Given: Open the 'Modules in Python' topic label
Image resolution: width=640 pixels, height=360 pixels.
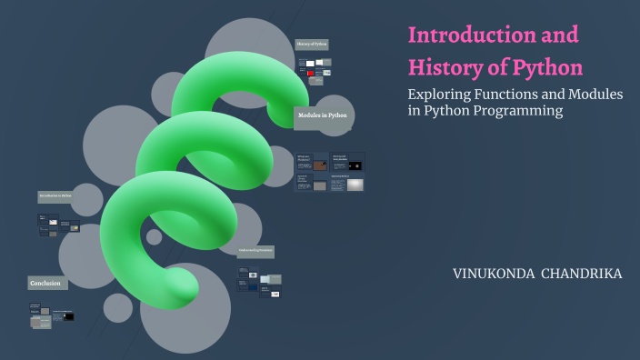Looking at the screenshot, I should tap(323, 115).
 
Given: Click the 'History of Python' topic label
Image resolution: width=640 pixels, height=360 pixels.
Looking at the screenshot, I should tap(312, 44).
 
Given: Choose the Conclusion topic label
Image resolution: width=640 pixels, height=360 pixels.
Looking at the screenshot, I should tap(46, 283).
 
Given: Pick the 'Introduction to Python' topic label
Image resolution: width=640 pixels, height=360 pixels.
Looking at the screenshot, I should tap(55, 196).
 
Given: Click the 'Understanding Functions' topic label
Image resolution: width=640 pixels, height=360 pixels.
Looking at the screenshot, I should tap(255, 251).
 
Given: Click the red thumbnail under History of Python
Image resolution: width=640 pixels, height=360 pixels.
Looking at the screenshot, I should tap(310, 73).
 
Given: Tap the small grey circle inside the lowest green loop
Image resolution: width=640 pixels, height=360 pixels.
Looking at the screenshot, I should tap(155, 236).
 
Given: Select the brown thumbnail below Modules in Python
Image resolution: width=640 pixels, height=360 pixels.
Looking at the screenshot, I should tap(320, 165).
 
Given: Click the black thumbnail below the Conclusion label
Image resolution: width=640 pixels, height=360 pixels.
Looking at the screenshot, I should tap(68, 316).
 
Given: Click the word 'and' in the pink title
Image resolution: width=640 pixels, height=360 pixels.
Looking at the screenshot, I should tap(557, 36).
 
